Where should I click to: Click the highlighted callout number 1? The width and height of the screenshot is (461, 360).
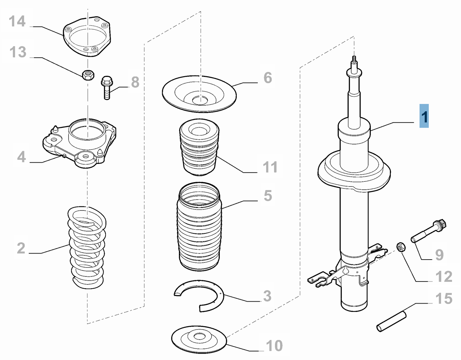pyautogui.click(x=424, y=116)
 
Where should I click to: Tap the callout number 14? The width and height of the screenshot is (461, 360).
pyautogui.click(x=17, y=21)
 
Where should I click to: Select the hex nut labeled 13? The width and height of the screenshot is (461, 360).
pyautogui.click(x=88, y=75)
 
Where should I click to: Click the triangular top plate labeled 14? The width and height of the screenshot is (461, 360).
pyautogui.click(x=87, y=37)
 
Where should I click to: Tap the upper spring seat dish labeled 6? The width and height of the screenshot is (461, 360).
pyautogui.click(x=199, y=94)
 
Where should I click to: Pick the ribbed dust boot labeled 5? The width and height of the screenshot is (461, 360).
pyautogui.click(x=199, y=226)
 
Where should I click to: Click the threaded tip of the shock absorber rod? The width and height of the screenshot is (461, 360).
pyautogui.click(x=354, y=59)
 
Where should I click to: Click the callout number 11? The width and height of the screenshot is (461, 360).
pyautogui.click(x=270, y=167)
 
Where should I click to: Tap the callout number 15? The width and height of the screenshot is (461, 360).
pyautogui.click(x=444, y=299)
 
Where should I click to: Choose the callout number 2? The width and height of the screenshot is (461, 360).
pyautogui.click(x=21, y=248)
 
